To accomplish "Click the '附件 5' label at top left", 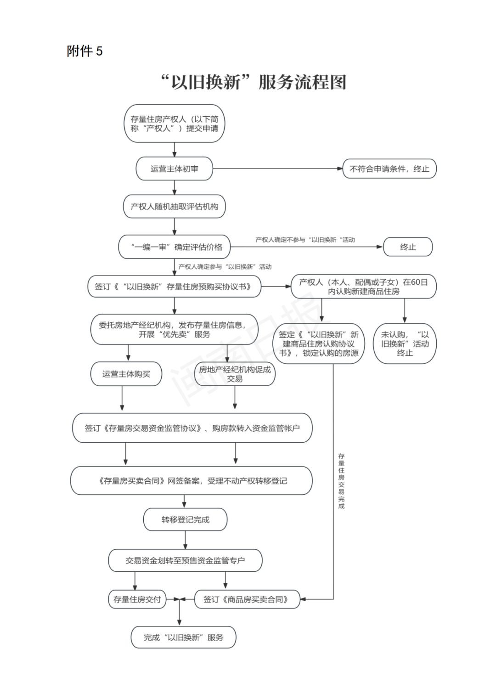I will (85, 51).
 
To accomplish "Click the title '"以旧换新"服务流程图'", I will (254, 82).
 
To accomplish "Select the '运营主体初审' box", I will (174, 169).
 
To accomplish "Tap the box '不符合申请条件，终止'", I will (389, 169).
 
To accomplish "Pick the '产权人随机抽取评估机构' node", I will (174, 207).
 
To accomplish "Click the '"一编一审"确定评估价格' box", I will (174, 247).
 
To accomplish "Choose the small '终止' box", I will (408, 247).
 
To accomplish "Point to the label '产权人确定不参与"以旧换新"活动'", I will (305, 240).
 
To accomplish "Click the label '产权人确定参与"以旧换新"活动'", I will (225, 267).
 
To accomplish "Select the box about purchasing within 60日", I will (363, 287).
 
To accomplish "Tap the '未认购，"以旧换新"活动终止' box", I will (405, 344).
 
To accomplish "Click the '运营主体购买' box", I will (126, 374).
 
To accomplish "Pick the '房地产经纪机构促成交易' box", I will (235, 374).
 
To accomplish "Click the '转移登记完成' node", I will (185, 520).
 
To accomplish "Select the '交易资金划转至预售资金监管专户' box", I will (185, 560).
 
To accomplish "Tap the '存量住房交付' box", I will (137, 599).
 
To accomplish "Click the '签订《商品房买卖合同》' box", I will (247, 599).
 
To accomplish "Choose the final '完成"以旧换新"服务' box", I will (183, 637).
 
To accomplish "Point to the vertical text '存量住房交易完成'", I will (341, 481).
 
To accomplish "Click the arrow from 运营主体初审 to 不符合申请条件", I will (277, 169).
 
